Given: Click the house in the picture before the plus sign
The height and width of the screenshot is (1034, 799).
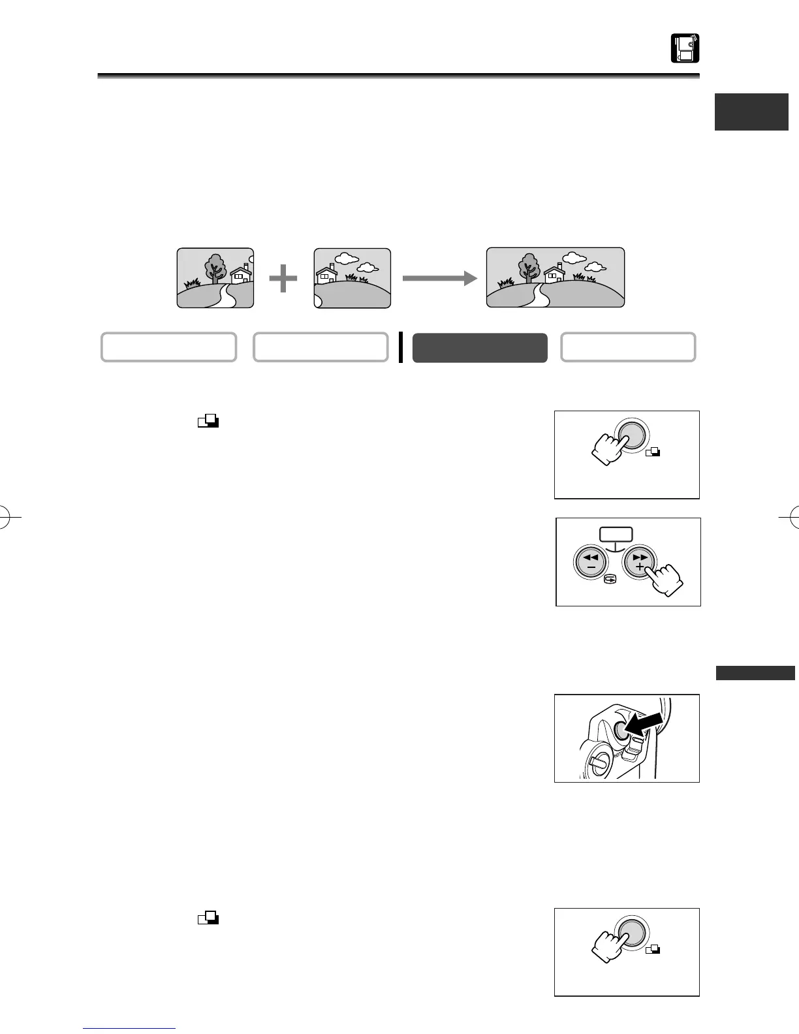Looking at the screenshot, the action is [x=241, y=274].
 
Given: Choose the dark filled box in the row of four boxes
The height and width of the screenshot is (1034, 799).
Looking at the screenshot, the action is [x=480, y=347].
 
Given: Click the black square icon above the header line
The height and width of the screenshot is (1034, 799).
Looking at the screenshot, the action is [x=685, y=48].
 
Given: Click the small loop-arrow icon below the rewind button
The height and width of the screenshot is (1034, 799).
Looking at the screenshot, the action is [x=608, y=578].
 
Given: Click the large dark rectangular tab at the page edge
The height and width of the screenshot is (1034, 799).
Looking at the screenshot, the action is [x=751, y=112].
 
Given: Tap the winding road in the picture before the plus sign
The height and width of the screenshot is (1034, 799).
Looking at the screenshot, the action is [x=228, y=294].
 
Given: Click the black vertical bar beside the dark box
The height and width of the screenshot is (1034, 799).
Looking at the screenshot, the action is [x=401, y=347].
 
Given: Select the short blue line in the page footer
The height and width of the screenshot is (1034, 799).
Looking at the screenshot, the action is [x=130, y=1028].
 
